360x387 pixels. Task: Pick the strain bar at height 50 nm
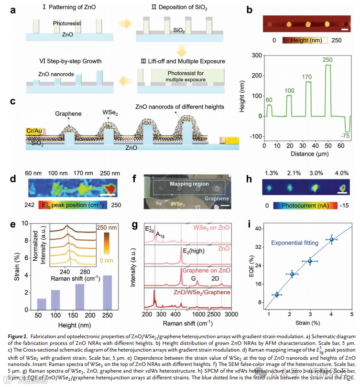point(42,304)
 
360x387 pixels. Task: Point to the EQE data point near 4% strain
point(332,239)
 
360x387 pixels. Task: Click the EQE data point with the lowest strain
point(276,295)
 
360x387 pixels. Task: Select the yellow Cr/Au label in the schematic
point(31,130)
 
